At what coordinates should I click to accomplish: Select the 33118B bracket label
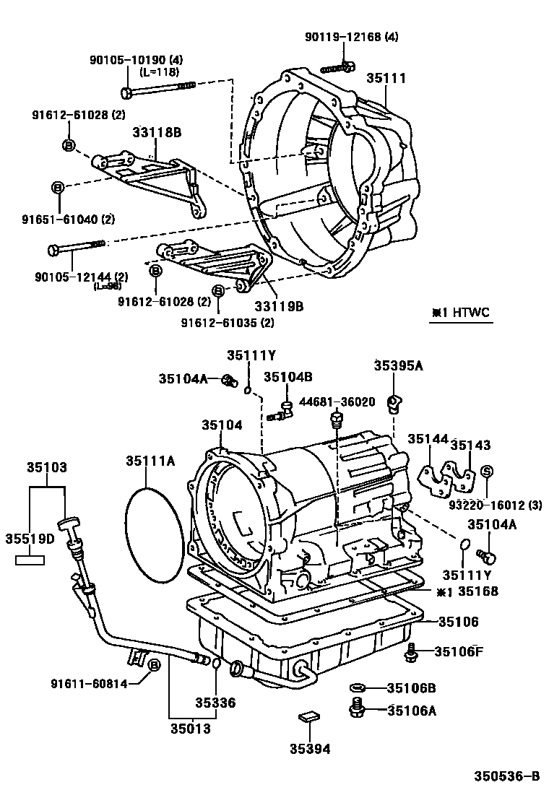156,132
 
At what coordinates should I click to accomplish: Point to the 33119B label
279,306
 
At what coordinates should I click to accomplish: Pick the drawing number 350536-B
506,776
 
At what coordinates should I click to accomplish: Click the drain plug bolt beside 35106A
357,708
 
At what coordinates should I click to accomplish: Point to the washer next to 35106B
358,687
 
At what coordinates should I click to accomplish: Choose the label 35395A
398,365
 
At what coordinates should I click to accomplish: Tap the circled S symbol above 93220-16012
486,472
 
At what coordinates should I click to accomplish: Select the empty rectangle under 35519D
31,559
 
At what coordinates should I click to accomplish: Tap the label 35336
215,702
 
